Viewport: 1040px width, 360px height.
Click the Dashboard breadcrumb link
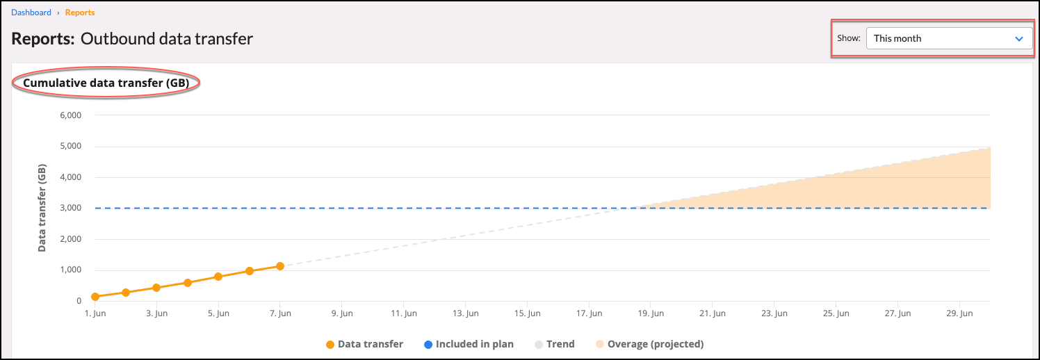point(31,13)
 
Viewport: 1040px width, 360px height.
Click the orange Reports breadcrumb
point(80,13)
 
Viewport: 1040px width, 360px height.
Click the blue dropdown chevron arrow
point(1019,39)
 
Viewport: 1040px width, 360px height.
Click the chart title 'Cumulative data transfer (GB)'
point(106,83)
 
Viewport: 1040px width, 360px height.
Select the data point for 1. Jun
point(95,297)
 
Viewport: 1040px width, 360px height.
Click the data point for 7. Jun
point(280,266)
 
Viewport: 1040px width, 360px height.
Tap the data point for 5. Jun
point(218,277)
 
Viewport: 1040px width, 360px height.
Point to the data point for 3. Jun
point(156,288)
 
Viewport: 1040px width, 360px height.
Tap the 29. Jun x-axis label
point(959,314)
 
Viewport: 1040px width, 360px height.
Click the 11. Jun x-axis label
point(403,314)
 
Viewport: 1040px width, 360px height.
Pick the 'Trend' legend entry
point(554,344)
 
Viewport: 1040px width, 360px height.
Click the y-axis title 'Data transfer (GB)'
point(42,208)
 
